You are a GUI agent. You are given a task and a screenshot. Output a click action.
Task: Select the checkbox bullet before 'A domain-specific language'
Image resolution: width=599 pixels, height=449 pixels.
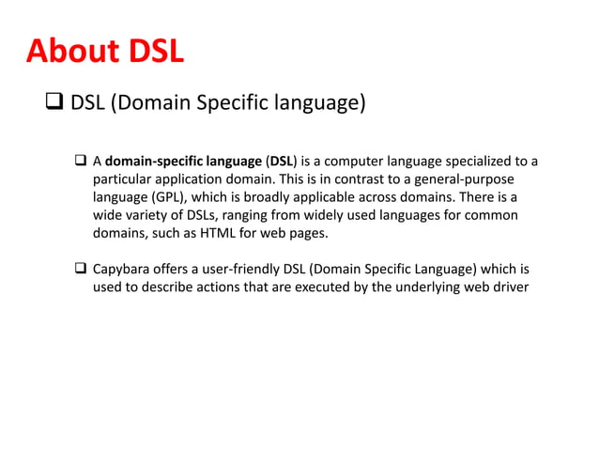[81, 161]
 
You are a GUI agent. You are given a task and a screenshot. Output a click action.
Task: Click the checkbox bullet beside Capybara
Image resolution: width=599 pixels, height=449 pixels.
[81, 270]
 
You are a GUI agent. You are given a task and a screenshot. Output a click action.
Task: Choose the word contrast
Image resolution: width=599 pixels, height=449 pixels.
[342, 178]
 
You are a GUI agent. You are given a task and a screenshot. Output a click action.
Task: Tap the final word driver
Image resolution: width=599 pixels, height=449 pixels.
[511, 287]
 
